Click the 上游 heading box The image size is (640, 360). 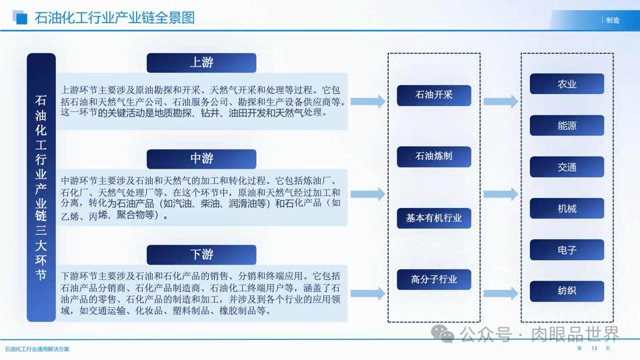click(x=201, y=63)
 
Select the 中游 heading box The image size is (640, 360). click(x=201, y=159)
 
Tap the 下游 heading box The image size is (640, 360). click(x=201, y=255)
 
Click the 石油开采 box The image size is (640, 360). click(x=434, y=95)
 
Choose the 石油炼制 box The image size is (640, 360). click(x=434, y=157)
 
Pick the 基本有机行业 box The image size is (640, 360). click(x=434, y=218)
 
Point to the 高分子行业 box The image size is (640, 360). click(x=434, y=279)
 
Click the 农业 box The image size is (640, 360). click(x=567, y=84)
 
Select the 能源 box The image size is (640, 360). click(x=567, y=125)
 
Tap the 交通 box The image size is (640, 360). click(x=567, y=167)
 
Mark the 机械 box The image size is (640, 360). click(x=567, y=209)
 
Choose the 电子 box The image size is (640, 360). click(x=567, y=250)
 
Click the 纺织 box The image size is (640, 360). click(x=567, y=291)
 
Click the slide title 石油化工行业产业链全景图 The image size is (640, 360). click(x=115, y=18)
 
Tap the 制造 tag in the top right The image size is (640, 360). click(x=613, y=21)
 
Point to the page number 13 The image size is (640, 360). click(x=593, y=349)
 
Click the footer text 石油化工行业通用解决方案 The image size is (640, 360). click(x=37, y=349)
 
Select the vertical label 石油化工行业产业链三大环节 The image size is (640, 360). click(x=41, y=187)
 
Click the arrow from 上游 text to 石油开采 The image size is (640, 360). click(x=367, y=101)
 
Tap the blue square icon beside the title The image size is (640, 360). click(x=21, y=18)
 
